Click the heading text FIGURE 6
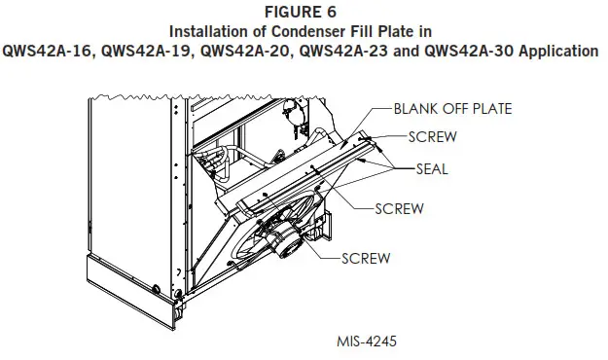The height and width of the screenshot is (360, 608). (304, 12)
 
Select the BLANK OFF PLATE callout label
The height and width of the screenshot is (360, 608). (452, 108)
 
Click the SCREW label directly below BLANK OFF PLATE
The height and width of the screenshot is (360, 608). (433, 136)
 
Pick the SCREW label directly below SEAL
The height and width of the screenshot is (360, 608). (400, 208)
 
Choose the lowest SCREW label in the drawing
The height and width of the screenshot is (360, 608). (366, 258)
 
